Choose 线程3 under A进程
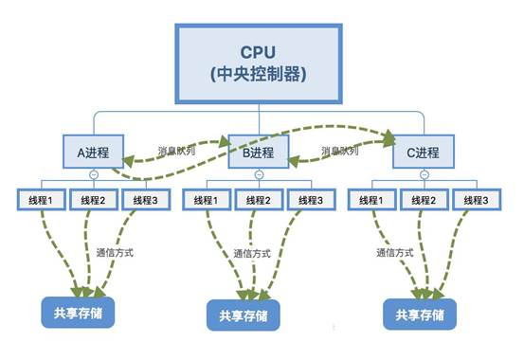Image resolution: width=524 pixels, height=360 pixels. [145, 200]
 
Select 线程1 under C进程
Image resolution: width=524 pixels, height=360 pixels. [370, 200]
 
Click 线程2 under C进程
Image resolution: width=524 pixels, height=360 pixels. [421, 200]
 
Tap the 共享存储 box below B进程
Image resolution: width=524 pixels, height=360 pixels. [245, 315]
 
